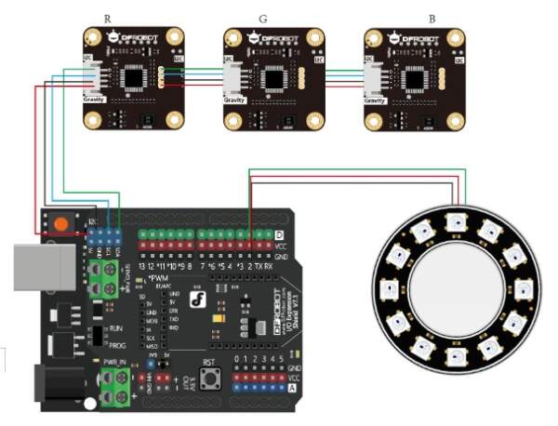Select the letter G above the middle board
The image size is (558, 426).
tap(265, 18)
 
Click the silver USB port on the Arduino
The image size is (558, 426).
tap(42, 265)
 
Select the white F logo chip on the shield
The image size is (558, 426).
tap(196, 300)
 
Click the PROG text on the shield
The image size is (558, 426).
tap(116, 345)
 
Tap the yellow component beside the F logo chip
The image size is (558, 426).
tap(216, 319)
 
